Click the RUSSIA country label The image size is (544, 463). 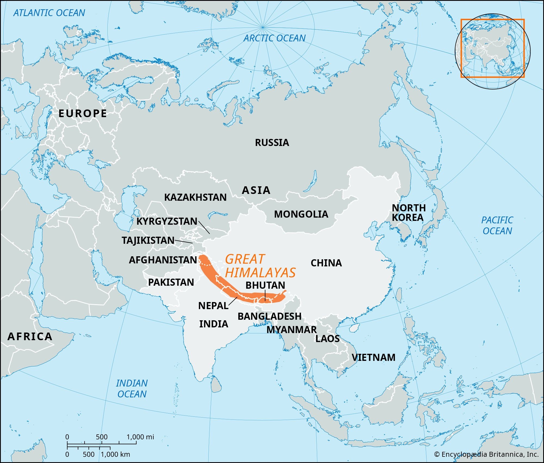pyautogui.click(x=272, y=142)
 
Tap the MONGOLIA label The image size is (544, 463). pyautogui.click(x=301, y=214)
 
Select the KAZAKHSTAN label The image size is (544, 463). pyautogui.click(x=195, y=197)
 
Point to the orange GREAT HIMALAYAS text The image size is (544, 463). pyautogui.click(x=260, y=266)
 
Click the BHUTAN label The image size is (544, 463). pyautogui.click(x=265, y=285)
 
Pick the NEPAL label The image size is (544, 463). pyautogui.click(x=213, y=306)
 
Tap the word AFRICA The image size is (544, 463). pyautogui.click(x=30, y=337)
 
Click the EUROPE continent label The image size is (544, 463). pyautogui.click(x=83, y=113)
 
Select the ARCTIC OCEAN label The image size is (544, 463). pyautogui.click(x=274, y=38)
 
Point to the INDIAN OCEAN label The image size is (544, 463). pyautogui.click(x=132, y=389)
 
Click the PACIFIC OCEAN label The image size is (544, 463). pyautogui.click(x=497, y=226)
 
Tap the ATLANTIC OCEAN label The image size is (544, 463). pyautogui.click(x=49, y=13)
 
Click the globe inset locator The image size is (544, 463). pyautogui.click(x=492, y=51)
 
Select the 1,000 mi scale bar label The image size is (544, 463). pyautogui.click(x=140, y=437)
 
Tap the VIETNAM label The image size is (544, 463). pyautogui.click(x=373, y=357)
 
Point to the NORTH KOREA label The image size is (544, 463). pyautogui.click(x=408, y=213)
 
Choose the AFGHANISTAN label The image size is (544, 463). pyautogui.click(x=163, y=260)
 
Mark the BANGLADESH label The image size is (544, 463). pyautogui.click(x=269, y=316)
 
